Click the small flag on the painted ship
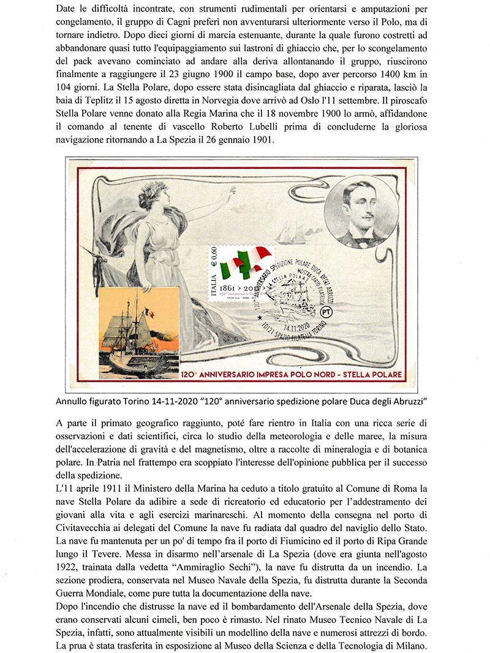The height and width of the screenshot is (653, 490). (x=149, y=314)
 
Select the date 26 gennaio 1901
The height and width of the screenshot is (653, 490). (x=235, y=142)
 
